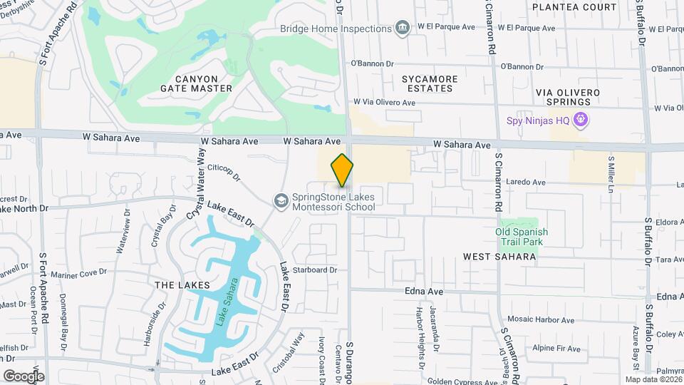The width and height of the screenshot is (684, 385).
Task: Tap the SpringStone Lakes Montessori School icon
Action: click(x=281, y=202)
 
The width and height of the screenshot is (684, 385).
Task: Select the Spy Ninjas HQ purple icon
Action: click(x=582, y=120)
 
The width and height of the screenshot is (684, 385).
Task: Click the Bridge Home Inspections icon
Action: click(x=404, y=29)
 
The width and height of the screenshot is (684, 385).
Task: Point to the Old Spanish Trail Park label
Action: click(x=522, y=237)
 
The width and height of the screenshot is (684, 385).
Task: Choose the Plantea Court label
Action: click(x=574, y=7)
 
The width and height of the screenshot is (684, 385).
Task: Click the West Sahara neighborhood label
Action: click(x=499, y=256)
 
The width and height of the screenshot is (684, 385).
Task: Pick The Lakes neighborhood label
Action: click(x=182, y=284)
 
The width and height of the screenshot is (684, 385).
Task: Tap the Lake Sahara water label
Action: click(x=227, y=312)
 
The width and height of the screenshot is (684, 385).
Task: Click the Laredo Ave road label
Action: click(x=525, y=183)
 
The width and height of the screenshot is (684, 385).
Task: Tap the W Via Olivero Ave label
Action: click(x=384, y=103)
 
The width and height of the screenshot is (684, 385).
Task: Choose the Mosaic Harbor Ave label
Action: click(x=541, y=320)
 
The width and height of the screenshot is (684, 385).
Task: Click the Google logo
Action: click(x=24, y=376)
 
